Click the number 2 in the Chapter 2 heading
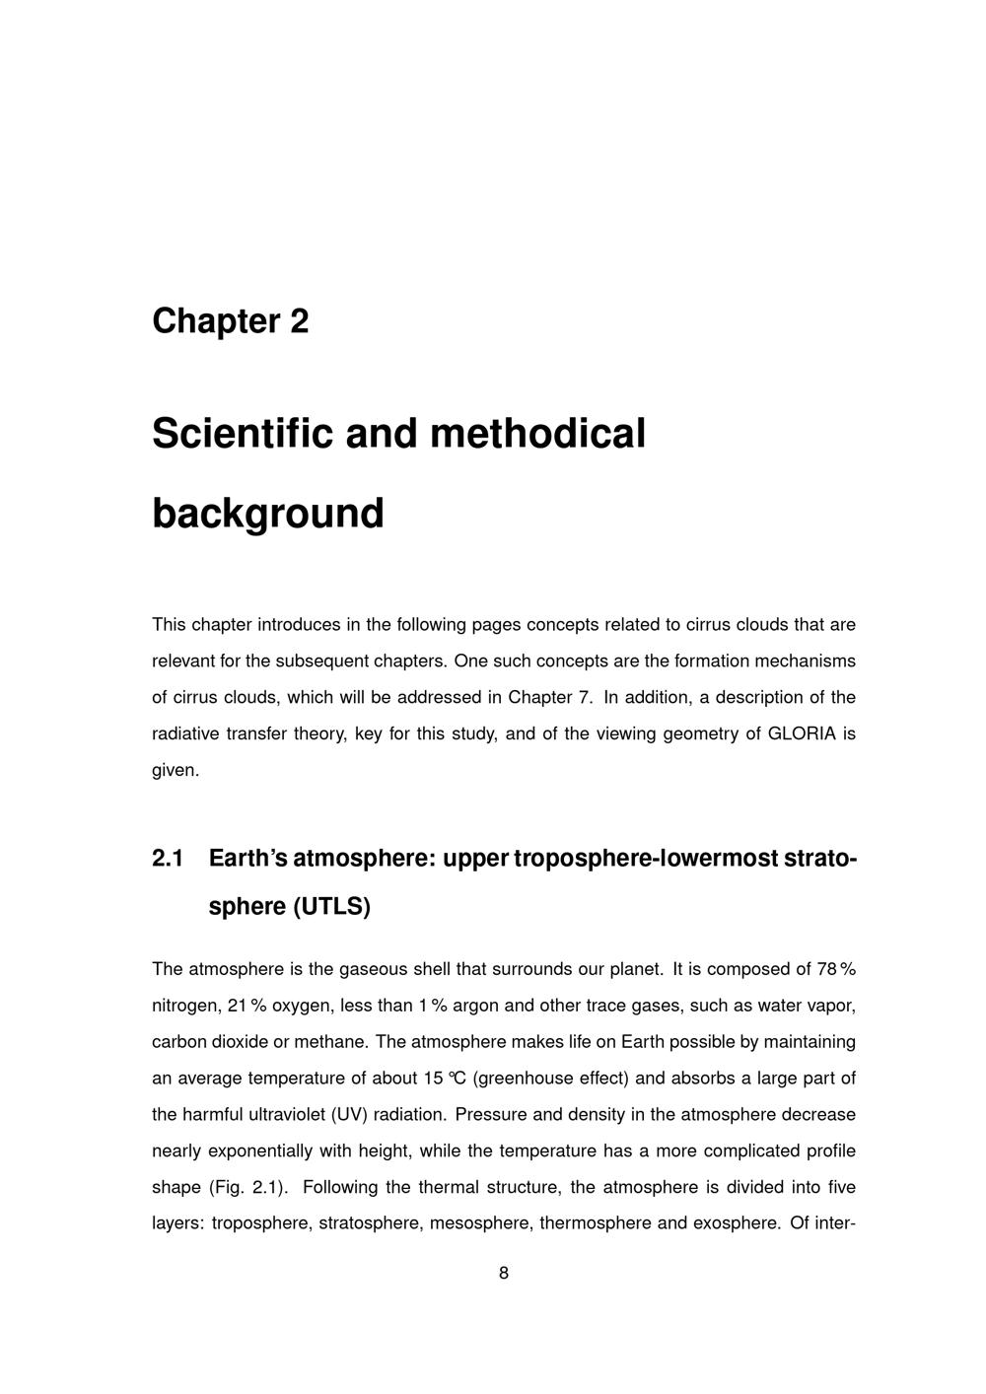(x=300, y=321)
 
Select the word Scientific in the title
(x=236, y=434)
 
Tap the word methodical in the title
(x=537, y=434)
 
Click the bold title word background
(x=267, y=514)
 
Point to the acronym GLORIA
(x=801, y=733)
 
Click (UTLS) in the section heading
(x=332, y=906)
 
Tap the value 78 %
(x=836, y=969)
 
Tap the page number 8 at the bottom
(x=504, y=1273)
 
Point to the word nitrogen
(x=185, y=1006)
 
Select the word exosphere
(x=737, y=1223)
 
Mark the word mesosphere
(x=478, y=1223)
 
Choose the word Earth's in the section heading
(x=247, y=859)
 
